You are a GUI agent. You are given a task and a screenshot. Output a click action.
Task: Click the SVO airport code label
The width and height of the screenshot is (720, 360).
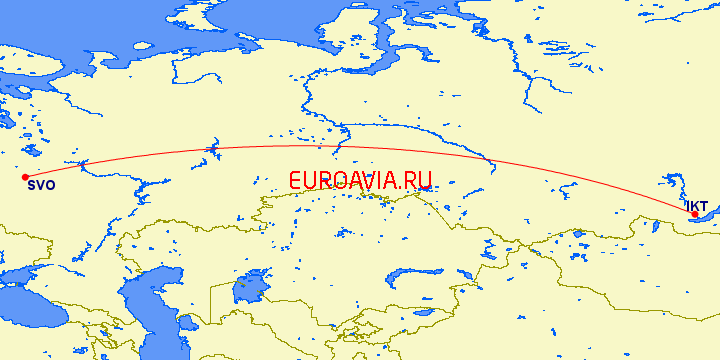[41, 186]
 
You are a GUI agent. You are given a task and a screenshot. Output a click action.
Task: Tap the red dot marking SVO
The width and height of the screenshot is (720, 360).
[25, 177]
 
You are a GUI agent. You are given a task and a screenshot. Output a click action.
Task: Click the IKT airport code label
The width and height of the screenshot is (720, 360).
[696, 205]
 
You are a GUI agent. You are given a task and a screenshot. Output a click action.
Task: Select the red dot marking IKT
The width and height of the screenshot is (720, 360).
[695, 214]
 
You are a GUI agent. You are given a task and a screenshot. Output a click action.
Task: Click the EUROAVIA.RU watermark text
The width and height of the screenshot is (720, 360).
[361, 181]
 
